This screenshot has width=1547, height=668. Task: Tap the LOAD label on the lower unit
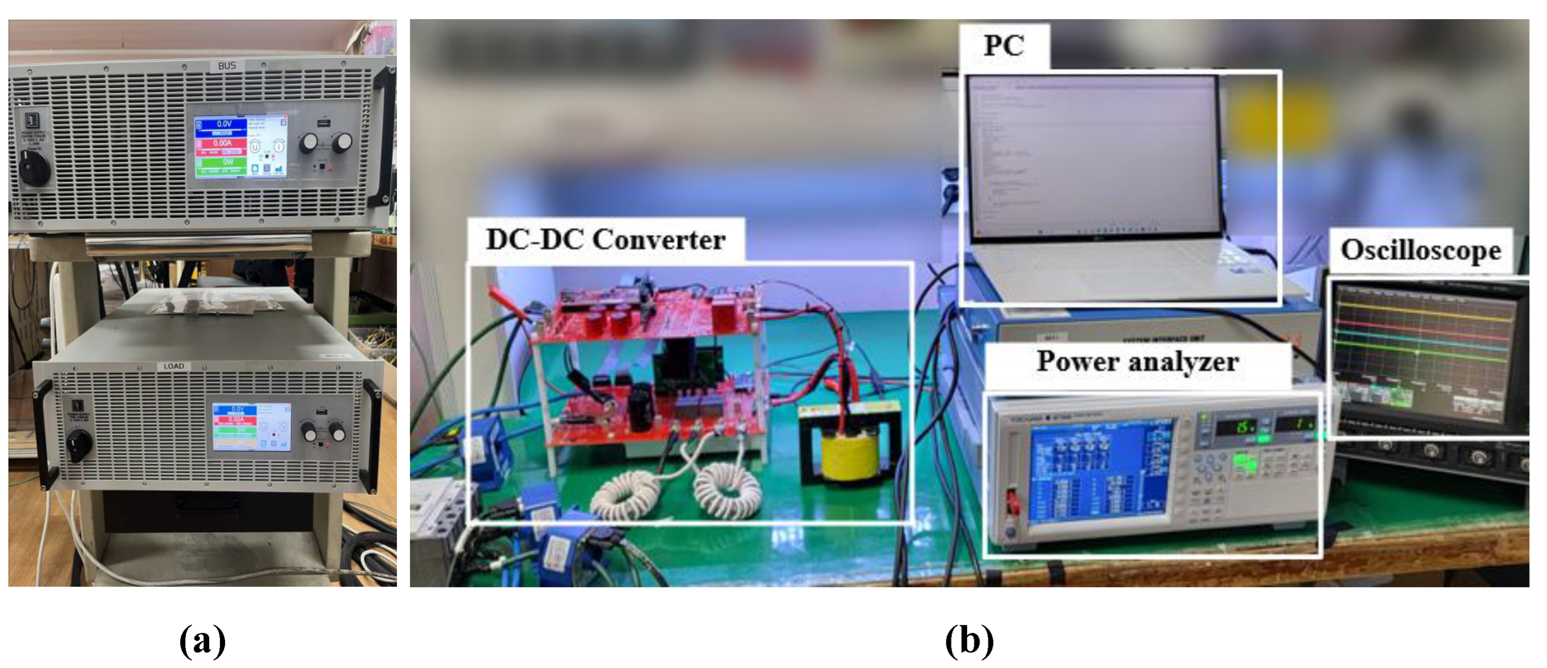174,366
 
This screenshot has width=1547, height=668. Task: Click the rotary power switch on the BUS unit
34,168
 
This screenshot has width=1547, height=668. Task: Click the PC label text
1003,46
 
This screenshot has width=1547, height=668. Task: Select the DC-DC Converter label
605,240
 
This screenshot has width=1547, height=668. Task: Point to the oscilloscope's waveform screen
1424,354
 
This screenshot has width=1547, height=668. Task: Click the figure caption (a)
202,640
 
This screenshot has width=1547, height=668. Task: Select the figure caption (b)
969,640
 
